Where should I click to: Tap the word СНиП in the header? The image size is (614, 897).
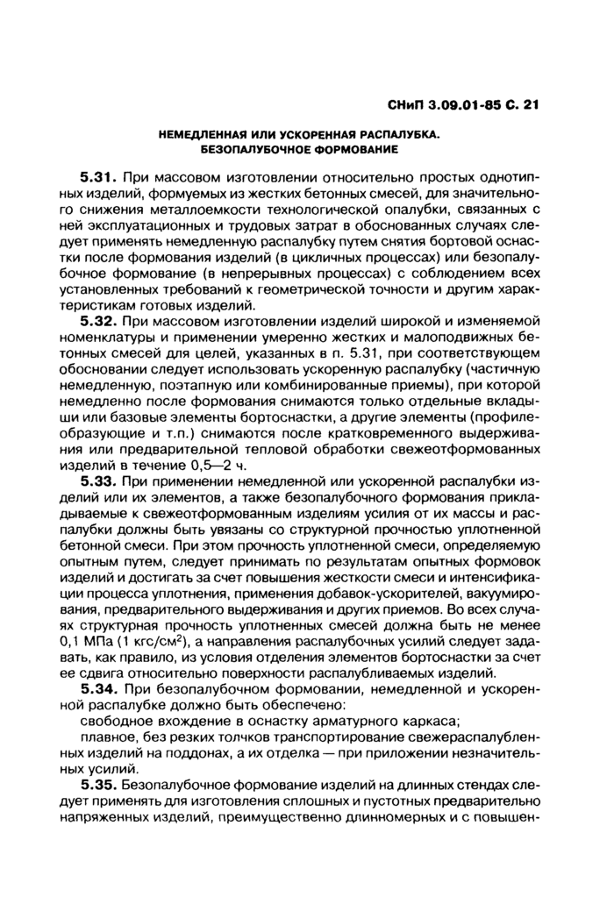[x=406, y=105]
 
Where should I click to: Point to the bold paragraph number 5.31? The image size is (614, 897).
[x=99, y=177]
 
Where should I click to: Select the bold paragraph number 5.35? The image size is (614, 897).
[x=99, y=786]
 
